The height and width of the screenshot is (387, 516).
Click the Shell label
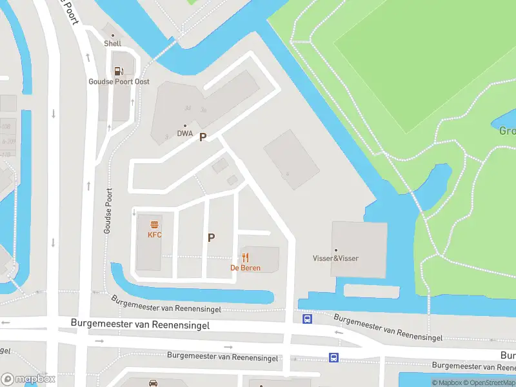[x=113, y=44]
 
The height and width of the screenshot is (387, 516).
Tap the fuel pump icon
[x=119, y=71]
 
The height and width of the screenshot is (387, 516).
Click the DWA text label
[x=185, y=134]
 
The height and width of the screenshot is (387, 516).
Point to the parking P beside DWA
[x=203, y=137]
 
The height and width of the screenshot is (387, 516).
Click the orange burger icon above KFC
[x=155, y=225]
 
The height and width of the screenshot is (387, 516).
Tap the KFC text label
[x=155, y=235]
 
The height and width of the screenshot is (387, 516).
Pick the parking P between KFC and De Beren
[x=211, y=237]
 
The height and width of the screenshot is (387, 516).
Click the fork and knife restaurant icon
[x=246, y=257]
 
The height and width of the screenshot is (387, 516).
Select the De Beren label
[x=246, y=268]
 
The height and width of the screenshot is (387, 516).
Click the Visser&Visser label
[x=335, y=259]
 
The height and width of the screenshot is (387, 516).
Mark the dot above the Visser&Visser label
[x=335, y=250]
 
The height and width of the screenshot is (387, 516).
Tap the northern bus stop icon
[x=308, y=319]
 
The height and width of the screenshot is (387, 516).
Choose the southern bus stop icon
[x=333, y=357]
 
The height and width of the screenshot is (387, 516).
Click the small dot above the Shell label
[x=113, y=35]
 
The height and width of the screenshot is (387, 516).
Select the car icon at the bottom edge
[x=154, y=383]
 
